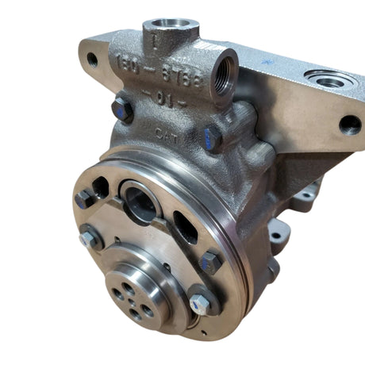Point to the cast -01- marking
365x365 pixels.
(167, 101)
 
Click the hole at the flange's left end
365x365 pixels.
(93, 58)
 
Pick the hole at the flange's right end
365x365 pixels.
(349, 125)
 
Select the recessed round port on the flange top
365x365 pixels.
(327, 79)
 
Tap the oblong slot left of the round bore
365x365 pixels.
(101, 189)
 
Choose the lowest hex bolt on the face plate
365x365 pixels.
(200, 302)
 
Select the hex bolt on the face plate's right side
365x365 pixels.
(212, 261)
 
